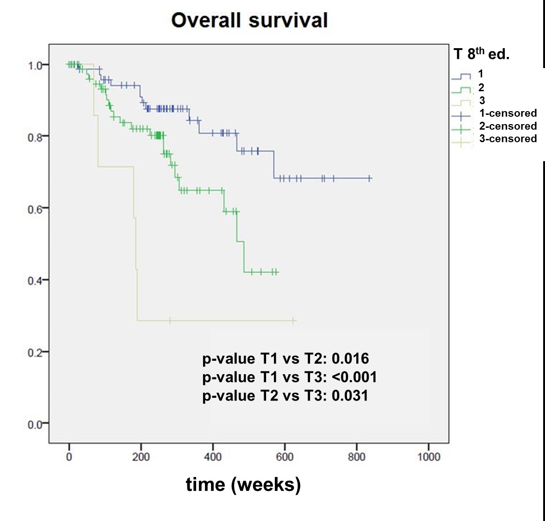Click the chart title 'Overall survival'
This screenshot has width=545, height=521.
point(249,21)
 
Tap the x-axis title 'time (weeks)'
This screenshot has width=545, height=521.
point(243,484)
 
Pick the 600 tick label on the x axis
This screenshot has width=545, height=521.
point(285,457)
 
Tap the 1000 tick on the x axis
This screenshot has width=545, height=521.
point(428,457)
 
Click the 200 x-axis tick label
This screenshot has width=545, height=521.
point(141,457)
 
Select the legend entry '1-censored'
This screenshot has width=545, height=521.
point(508,113)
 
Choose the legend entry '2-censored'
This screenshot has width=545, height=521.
point(508,126)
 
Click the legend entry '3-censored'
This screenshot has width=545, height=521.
point(508,139)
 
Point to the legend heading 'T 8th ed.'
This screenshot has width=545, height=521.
point(481,54)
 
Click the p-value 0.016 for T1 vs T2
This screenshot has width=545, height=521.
point(350,359)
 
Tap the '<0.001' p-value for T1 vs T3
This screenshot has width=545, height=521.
point(354,377)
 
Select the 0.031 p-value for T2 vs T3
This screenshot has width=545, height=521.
point(350,396)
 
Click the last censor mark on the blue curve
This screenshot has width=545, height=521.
point(370,178)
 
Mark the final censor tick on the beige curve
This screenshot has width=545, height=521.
point(293,320)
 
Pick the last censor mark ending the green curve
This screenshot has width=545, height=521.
point(277,272)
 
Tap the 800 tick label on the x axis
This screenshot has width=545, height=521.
point(356,457)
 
